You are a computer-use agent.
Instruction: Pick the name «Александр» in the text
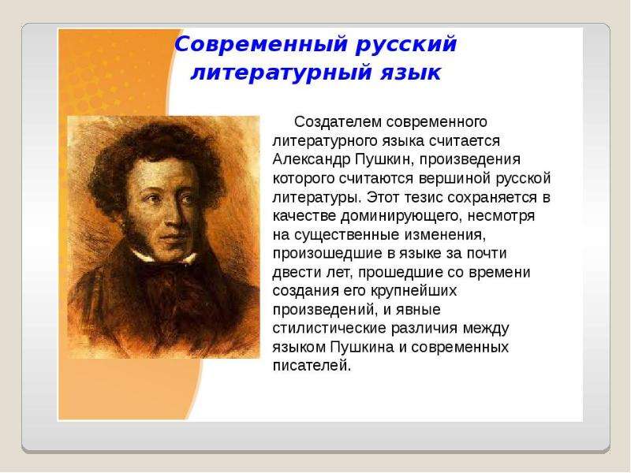[x=312, y=159]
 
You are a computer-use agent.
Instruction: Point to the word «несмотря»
[x=501, y=216]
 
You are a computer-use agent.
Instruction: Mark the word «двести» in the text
[x=293, y=273]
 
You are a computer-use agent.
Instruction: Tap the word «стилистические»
[x=328, y=329]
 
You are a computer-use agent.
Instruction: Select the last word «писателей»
[x=312, y=366]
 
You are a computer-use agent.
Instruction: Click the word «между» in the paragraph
[x=486, y=329]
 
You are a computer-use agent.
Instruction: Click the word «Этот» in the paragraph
[x=382, y=198]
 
